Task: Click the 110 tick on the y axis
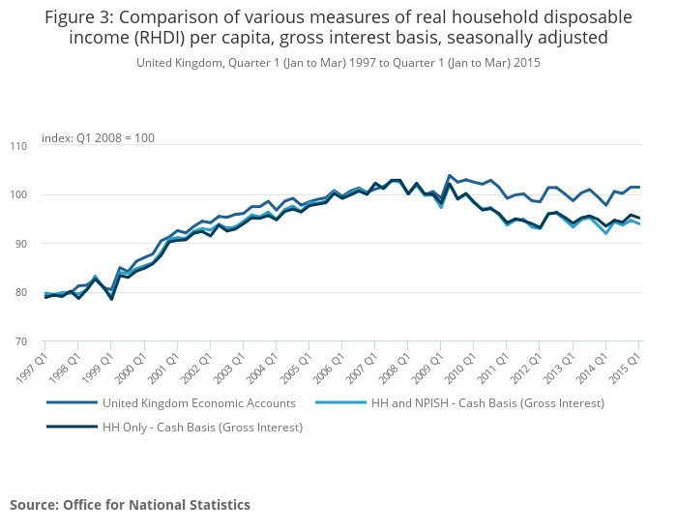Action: click(18, 146)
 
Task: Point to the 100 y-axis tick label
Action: click(18, 194)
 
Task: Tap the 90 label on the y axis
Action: click(21, 244)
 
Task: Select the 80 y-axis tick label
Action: click(21, 292)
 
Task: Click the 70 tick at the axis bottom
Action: click(21, 341)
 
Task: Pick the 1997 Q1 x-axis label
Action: click(33, 367)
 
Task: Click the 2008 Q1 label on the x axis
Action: click(395, 367)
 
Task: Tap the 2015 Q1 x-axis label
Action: click(626, 367)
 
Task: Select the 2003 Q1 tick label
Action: click(230, 367)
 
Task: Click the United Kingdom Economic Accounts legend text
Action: click(199, 403)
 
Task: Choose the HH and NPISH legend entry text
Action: click(487, 403)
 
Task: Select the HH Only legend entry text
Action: click(202, 428)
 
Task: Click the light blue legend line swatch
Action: click(340, 402)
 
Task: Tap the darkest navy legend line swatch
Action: click(73, 427)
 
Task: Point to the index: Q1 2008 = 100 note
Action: click(98, 138)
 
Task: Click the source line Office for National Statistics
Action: click(157, 505)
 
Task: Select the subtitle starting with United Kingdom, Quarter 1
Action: click(338, 63)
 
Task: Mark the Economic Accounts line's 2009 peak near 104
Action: click(449, 175)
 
